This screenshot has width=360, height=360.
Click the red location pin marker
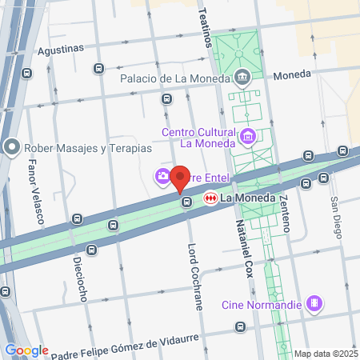tap(180, 178)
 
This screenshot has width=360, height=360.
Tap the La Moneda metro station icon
tap(211, 198)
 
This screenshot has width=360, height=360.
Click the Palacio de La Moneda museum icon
tap(242, 78)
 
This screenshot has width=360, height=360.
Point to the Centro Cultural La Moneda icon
tap(248, 138)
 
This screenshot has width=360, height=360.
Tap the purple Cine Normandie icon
tap(315, 303)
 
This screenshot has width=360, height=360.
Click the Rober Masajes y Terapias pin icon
tap(11, 148)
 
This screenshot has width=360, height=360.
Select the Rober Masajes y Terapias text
tap(87, 148)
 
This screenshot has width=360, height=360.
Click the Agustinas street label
tap(61, 48)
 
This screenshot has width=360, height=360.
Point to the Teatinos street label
tap(206, 24)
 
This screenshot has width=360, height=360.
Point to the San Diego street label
tap(336, 217)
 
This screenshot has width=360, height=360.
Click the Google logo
tap(26, 350)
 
